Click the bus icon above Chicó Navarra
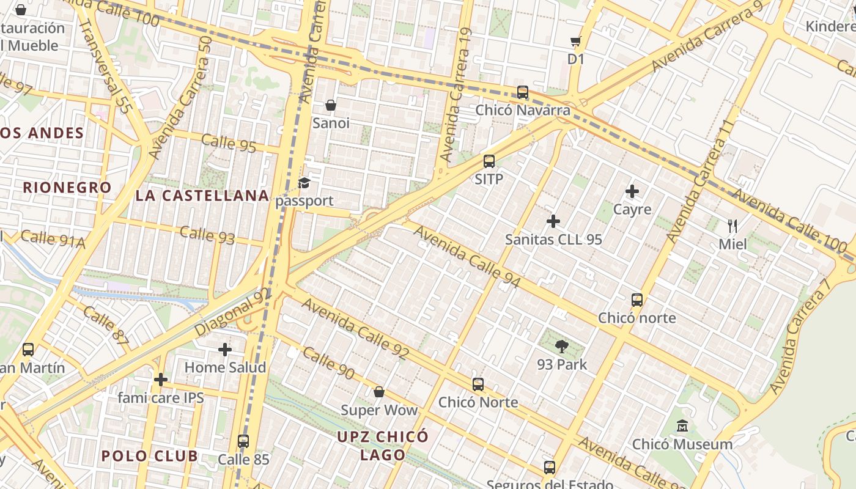click(x=523, y=92)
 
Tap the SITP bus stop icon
click(x=489, y=161)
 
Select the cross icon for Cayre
click(x=632, y=192)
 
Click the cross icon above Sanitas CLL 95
click(x=553, y=221)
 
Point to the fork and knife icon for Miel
click(x=732, y=226)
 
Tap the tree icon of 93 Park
click(x=561, y=347)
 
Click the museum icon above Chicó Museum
click(x=682, y=426)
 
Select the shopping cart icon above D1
click(x=575, y=42)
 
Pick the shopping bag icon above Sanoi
click(x=331, y=105)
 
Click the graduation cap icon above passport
click(x=304, y=183)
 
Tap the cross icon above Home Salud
click(x=225, y=350)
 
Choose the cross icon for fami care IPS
click(x=161, y=380)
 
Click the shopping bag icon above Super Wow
click(x=379, y=392)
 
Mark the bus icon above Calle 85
click(x=243, y=441)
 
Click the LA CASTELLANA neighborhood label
click(x=202, y=196)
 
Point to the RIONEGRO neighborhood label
click(x=67, y=188)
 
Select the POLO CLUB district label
click(x=150, y=456)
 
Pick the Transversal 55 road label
click(x=105, y=67)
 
